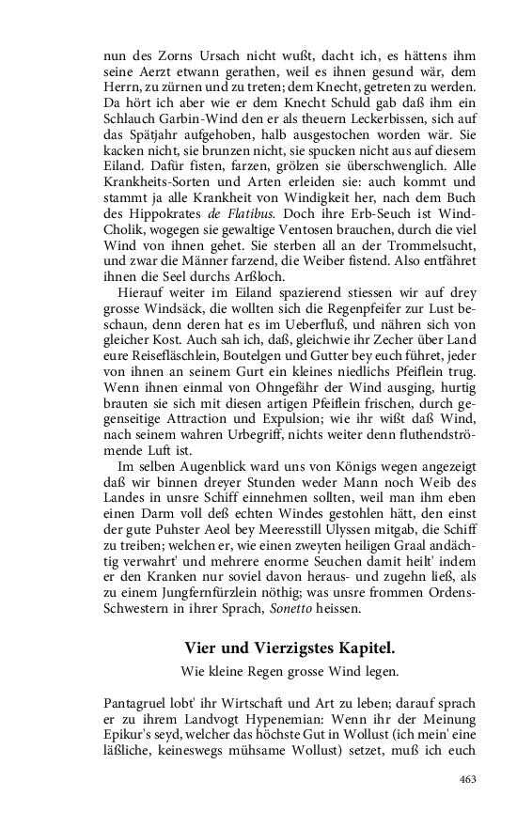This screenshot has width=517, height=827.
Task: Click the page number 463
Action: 467,779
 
